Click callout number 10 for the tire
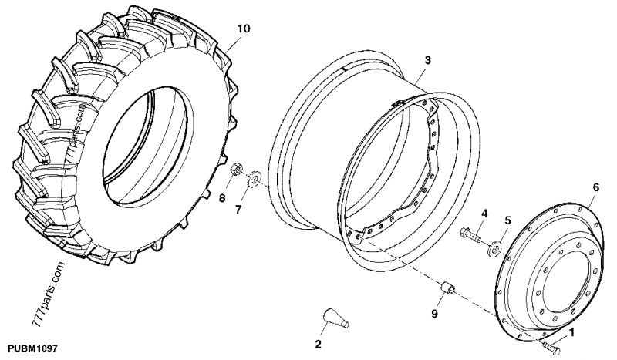point(243,29)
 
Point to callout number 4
point(485,213)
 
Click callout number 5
point(506,220)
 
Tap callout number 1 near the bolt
point(571,333)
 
